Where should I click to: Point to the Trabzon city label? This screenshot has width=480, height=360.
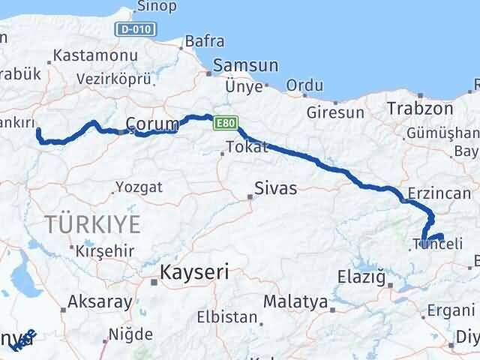pos(420,109)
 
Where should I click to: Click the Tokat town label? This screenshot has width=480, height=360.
pos(246,147)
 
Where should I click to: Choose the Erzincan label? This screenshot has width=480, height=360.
pos(439,193)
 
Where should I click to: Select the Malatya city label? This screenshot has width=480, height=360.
pos(296,302)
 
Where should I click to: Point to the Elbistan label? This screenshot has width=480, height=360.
pos(221,316)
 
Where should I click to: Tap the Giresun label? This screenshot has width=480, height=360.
pos(336,112)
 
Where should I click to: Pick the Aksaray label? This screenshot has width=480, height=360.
pos(100,302)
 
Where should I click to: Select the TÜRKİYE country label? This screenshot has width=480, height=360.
pos(93,223)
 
